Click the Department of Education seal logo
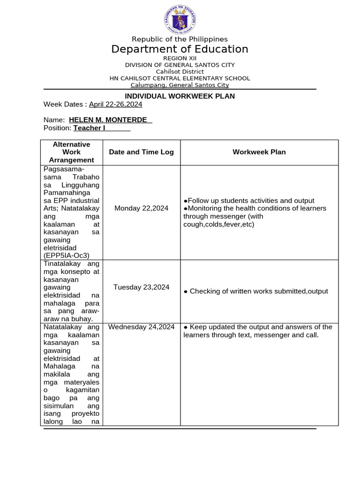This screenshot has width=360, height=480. [x=180, y=19]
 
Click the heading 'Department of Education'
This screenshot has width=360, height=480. [x=180, y=49]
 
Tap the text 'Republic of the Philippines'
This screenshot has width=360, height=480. [x=180, y=39]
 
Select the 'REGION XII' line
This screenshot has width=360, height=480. [x=180, y=58]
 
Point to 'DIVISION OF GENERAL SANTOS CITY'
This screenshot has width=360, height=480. [x=180, y=65]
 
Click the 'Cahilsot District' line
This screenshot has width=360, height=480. [x=180, y=71]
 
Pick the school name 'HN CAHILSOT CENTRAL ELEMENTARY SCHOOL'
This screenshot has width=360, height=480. [x=180, y=78]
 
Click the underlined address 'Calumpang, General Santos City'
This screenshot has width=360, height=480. [x=180, y=85]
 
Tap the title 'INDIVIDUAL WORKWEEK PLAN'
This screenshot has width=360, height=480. [x=180, y=96]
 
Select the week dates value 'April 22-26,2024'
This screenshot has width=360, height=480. [x=115, y=105]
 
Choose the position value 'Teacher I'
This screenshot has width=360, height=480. [x=89, y=128]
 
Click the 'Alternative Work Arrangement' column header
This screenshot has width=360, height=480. [x=71, y=152]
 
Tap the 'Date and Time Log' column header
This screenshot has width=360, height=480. [x=141, y=152]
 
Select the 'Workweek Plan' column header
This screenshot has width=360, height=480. [x=259, y=152]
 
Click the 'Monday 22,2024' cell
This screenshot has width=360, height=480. [x=141, y=208]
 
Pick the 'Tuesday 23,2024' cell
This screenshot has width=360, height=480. [x=141, y=287]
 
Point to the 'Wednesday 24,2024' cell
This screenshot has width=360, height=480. [x=141, y=327]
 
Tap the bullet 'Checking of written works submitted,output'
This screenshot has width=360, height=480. [x=256, y=291]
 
